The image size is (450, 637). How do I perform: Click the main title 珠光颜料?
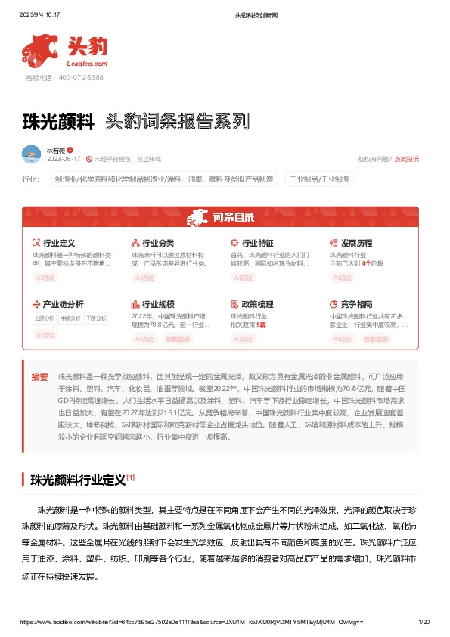[x=58, y=121]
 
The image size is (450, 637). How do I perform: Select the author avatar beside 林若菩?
[x=31, y=154]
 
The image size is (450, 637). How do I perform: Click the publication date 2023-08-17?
[x=64, y=159]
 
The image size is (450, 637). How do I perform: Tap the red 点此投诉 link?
[x=406, y=159]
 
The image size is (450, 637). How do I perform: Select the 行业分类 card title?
[x=157, y=243]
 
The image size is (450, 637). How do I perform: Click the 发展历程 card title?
[x=356, y=243]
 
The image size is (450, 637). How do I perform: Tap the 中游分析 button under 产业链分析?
[x=70, y=318]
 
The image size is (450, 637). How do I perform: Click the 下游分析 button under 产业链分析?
[x=95, y=318]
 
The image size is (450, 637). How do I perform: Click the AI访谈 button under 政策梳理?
[x=243, y=339]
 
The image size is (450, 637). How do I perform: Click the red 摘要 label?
[x=39, y=376]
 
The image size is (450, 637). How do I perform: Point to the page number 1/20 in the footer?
[x=424, y=622]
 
